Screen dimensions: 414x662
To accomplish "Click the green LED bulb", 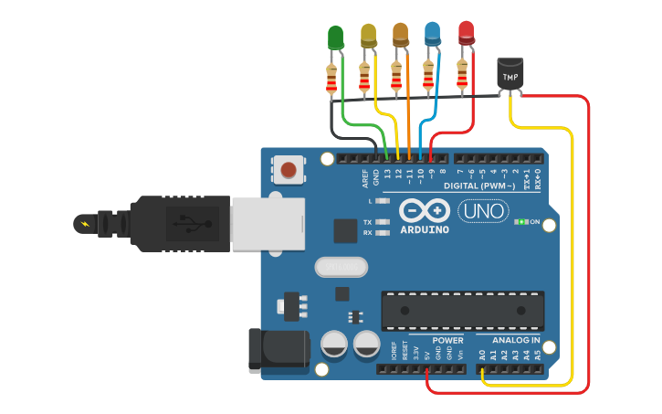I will pyautogui.click(x=335, y=37).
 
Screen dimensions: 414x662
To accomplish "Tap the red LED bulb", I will pyautogui.click(x=467, y=33).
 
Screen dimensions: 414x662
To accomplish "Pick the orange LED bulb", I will pyautogui.click(x=400, y=34).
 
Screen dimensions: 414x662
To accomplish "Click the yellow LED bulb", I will pyautogui.click(x=368, y=35).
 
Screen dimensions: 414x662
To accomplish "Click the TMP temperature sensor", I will pyautogui.click(x=510, y=74).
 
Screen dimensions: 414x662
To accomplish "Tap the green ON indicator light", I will pyautogui.click(x=522, y=222).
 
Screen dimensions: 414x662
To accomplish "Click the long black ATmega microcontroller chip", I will pyautogui.click(x=462, y=311).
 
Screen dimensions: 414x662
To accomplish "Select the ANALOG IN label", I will pyautogui.click(x=510, y=341).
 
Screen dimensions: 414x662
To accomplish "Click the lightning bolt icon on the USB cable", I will pyautogui.click(x=85, y=223).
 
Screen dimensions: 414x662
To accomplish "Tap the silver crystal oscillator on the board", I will pyautogui.click(x=340, y=267).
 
